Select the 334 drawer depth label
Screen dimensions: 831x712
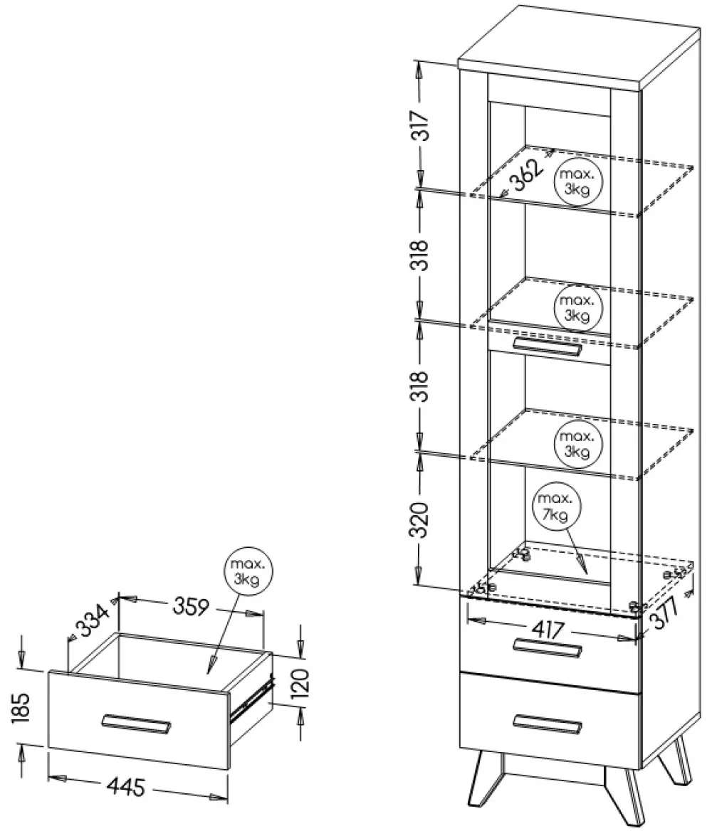[x=93, y=620]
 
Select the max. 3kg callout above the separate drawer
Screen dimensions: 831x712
[x=247, y=572]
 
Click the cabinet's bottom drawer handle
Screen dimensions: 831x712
[x=548, y=721]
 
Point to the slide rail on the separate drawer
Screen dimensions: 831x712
[x=252, y=701]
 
